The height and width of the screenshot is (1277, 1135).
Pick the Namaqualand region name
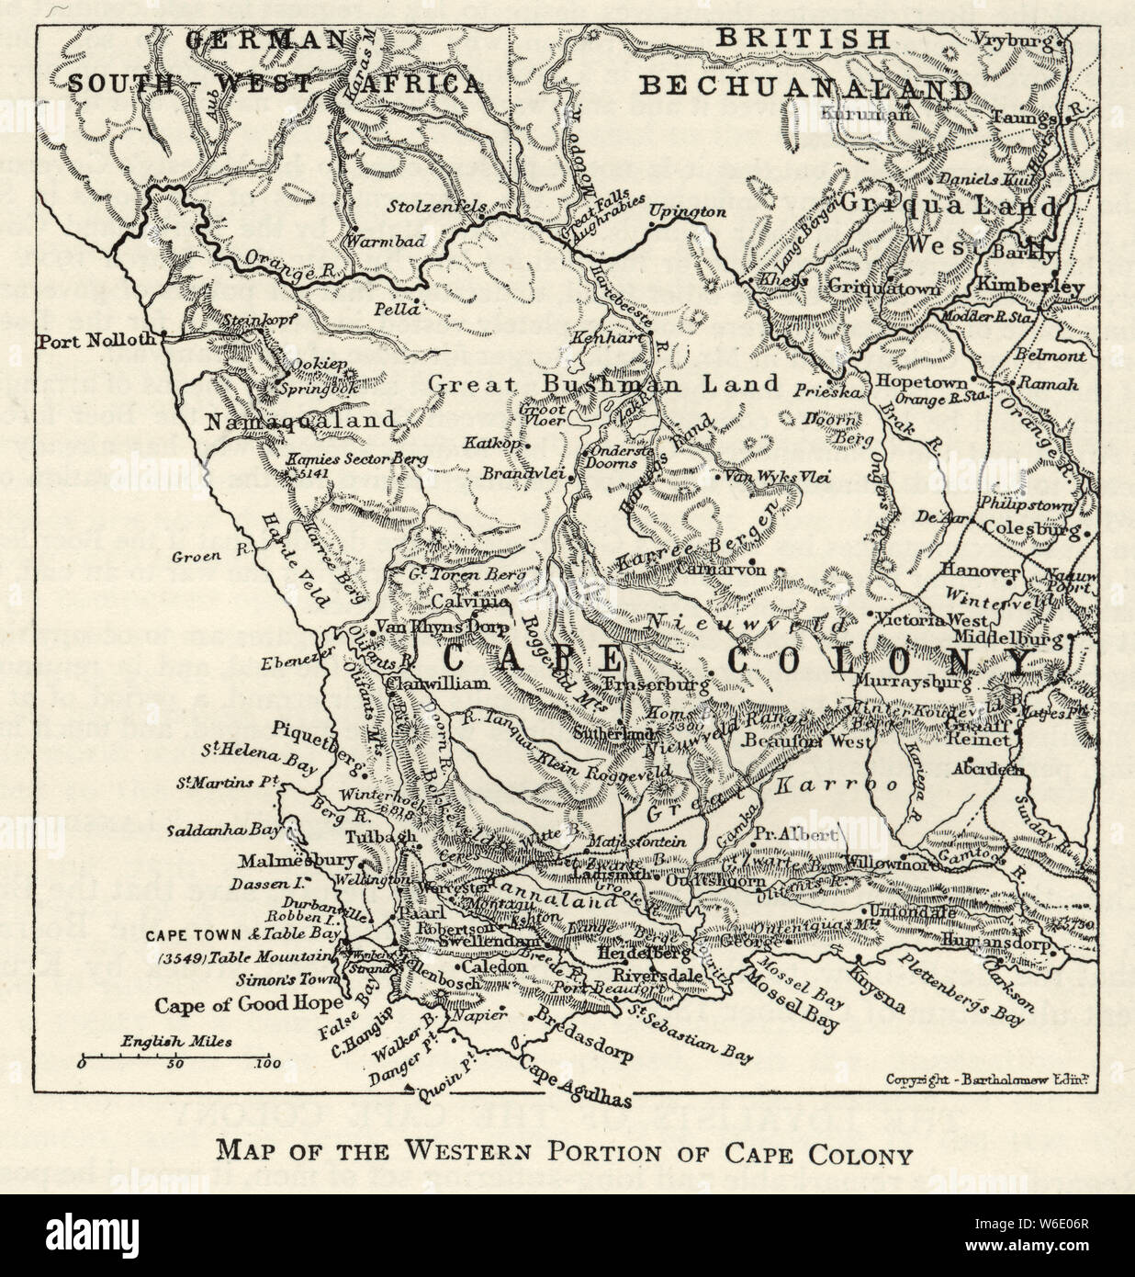tap(300, 421)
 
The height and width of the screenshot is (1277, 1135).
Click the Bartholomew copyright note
tap(987, 1079)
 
